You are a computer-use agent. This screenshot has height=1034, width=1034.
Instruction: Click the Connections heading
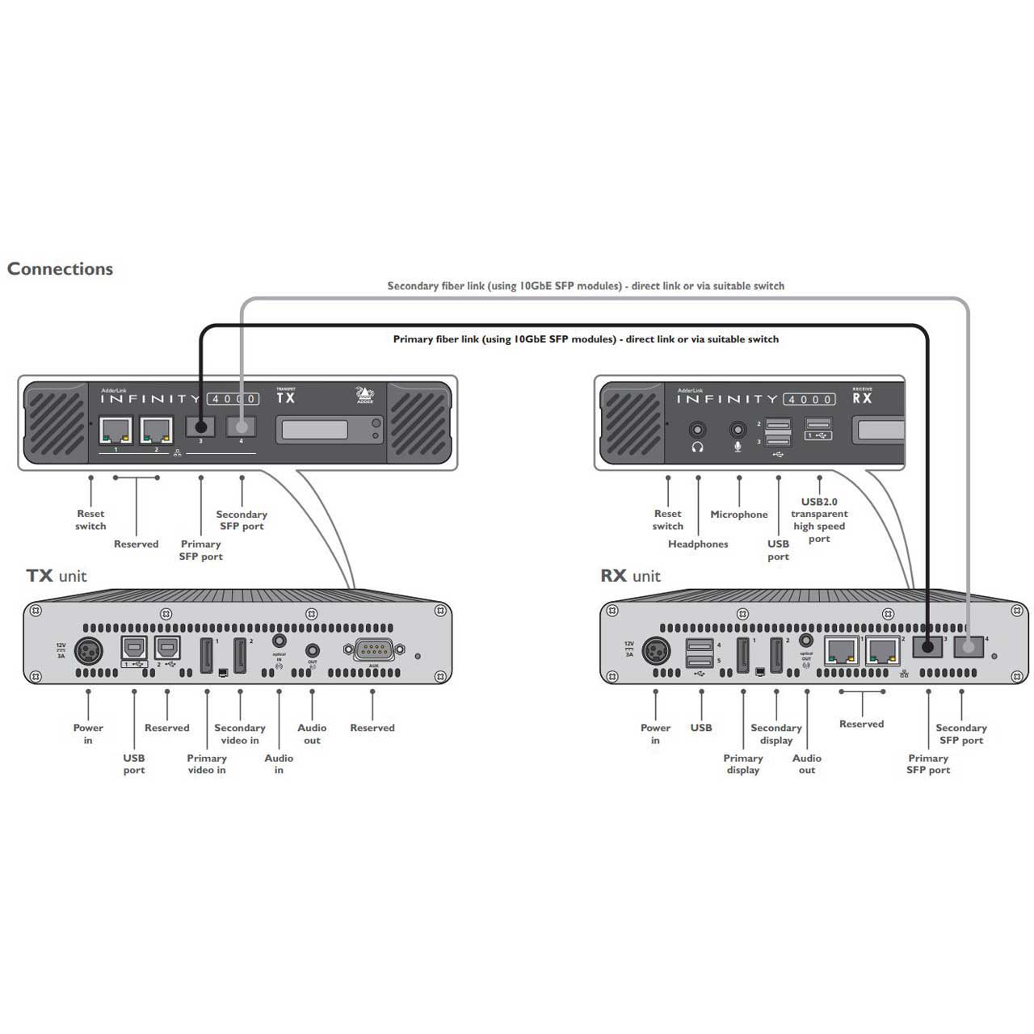[60, 269]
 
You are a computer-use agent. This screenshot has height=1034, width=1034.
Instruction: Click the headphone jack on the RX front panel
[697, 430]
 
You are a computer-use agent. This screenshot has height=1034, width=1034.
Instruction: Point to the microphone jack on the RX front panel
[738, 430]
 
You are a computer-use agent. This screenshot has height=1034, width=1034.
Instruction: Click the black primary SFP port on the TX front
[200, 426]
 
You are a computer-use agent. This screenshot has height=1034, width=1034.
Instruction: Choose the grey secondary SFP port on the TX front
[241, 426]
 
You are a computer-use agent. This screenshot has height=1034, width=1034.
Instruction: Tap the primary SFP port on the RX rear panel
[927, 647]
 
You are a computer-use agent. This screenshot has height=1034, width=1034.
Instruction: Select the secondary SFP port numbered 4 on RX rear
[968, 647]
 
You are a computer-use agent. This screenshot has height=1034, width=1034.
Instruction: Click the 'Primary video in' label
[207, 764]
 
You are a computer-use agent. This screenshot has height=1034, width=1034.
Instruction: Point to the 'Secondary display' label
[776, 733]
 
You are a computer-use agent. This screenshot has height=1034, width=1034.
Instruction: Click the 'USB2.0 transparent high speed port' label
[819, 520]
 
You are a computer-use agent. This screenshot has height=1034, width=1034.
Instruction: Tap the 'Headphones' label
[698, 544]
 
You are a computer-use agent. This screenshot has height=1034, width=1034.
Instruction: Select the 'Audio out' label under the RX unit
[807, 764]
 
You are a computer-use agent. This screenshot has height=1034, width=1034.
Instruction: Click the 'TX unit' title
[56, 576]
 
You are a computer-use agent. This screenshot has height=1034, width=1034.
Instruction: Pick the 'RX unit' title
[630, 576]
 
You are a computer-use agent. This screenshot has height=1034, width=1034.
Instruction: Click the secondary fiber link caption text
[586, 286]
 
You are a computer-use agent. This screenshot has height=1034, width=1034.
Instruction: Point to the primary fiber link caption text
[586, 339]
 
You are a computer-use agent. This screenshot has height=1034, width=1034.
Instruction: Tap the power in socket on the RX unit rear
[656, 650]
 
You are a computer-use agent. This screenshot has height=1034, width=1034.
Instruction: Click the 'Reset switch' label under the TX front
[90, 519]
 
